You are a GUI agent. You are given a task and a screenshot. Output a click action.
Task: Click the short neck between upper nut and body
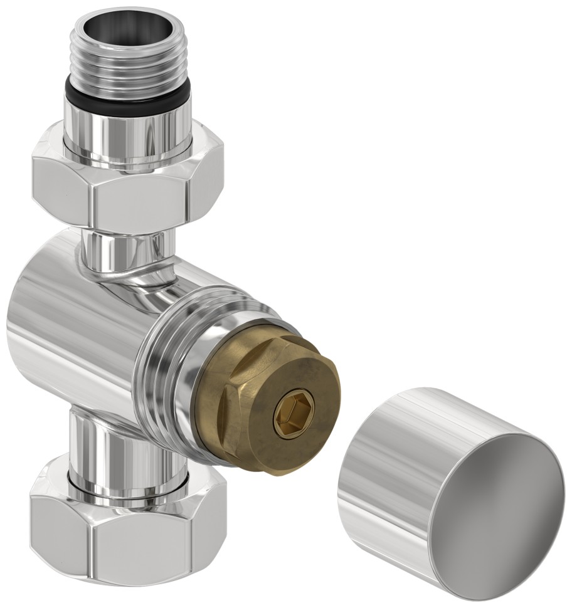(125, 248)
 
